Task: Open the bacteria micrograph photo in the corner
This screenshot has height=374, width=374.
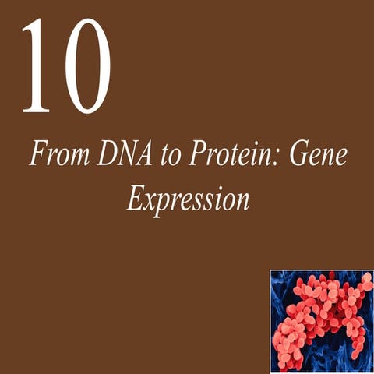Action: coord(321,321)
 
